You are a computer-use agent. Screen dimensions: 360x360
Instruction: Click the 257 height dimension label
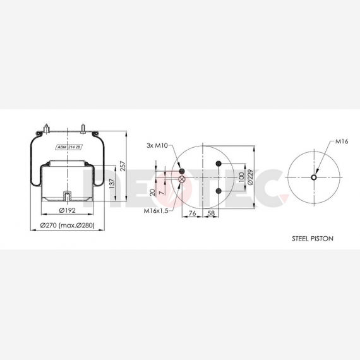(x=123, y=166)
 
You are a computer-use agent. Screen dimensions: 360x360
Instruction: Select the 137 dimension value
(x=112, y=183)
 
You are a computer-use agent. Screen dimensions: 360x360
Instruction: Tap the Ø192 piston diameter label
(x=67, y=210)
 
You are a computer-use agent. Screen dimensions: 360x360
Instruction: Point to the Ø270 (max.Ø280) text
(x=68, y=225)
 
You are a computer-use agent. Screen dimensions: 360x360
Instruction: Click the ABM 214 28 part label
(x=69, y=147)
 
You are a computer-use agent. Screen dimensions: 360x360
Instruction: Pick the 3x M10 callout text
(x=157, y=145)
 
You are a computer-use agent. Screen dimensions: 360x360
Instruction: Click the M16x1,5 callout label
(x=156, y=210)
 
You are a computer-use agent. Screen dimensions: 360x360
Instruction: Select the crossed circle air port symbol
(x=182, y=179)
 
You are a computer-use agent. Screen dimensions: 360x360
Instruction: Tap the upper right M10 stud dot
(x=219, y=164)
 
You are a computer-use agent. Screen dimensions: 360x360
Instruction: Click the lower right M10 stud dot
(x=219, y=191)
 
